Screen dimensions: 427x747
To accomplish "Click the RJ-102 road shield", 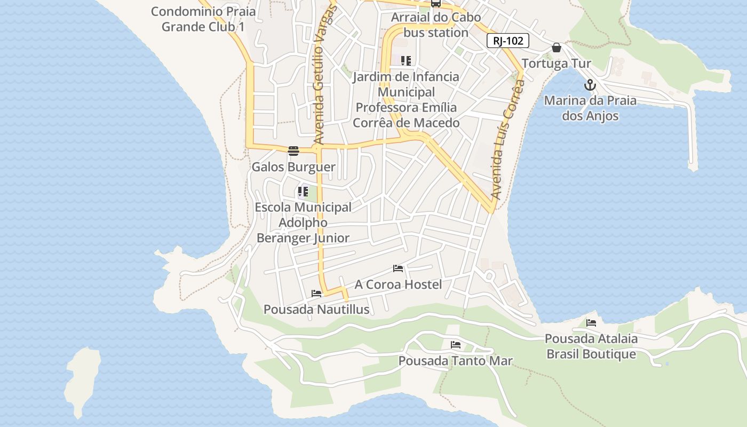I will [x=507, y=41].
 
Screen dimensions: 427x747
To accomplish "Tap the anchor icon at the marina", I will [x=590, y=85].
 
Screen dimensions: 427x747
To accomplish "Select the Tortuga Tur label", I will [x=556, y=64].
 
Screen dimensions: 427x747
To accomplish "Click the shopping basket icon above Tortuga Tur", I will [x=557, y=48].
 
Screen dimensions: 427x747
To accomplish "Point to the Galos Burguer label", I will [x=293, y=167].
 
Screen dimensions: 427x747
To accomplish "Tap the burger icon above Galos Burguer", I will [x=293, y=151].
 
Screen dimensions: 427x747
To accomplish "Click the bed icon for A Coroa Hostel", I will [x=398, y=268].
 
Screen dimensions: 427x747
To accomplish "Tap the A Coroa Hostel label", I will [x=398, y=284].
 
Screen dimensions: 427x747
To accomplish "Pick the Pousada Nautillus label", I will [x=316, y=310].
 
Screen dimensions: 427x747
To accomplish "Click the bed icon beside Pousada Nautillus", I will [x=316, y=293].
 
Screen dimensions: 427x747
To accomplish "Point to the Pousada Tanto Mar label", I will [x=455, y=361].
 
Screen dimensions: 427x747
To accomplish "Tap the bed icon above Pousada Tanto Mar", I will [x=455, y=345].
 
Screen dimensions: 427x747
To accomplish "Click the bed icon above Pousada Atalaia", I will [x=591, y=322].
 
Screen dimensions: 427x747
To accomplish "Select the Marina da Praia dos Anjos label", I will [x=590, y=108].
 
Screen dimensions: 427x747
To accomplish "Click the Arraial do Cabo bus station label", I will [x=435, y=25].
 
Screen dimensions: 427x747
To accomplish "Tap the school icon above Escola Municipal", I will [x=303, y=191].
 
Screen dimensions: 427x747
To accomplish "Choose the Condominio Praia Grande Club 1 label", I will [x=203, y=19].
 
